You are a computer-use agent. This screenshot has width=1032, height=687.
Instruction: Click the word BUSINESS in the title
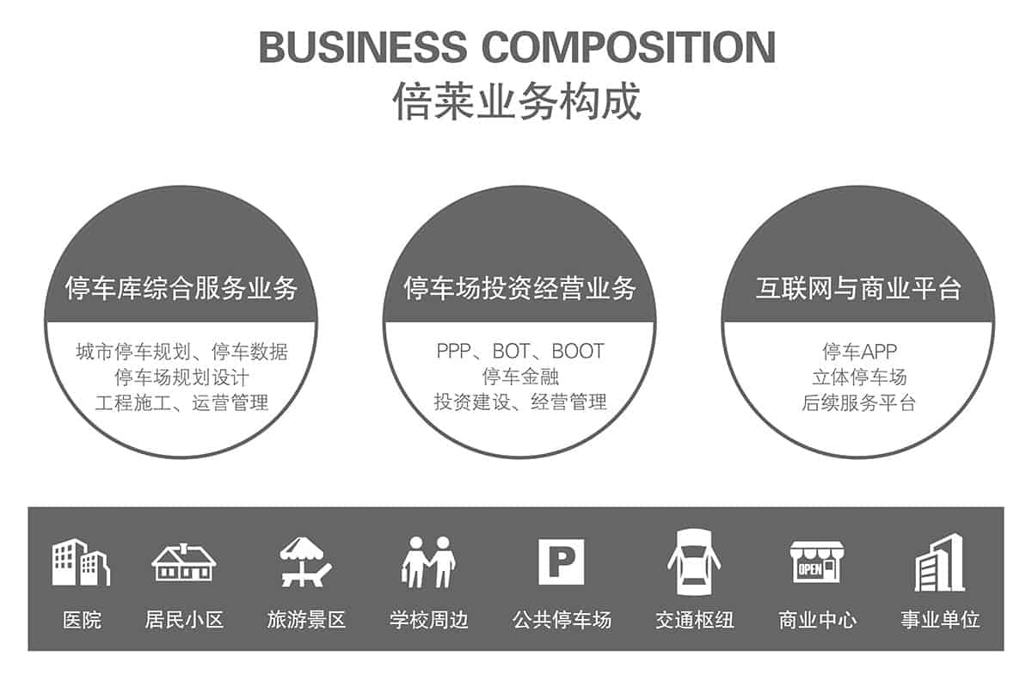click(363, 47)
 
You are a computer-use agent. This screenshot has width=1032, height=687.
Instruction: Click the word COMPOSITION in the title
click(629, 47)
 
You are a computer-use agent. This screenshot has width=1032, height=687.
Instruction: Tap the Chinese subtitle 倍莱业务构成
click(517, 101)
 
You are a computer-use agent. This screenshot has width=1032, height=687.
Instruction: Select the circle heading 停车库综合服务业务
click(181, 288)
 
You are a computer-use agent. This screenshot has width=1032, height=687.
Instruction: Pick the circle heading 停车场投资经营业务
click(519, 288)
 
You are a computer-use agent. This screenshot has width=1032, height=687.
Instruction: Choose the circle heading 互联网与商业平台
click(859, 288)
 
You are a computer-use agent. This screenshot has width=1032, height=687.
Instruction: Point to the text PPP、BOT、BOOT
click(520, 351)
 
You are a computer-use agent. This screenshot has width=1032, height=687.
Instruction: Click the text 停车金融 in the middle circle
click(520, 377)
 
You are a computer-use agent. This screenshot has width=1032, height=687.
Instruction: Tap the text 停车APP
click(860, 352)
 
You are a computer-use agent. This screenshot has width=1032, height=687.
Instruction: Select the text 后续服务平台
click(859, 402)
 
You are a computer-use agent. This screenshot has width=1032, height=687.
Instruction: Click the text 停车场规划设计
click(182, 377)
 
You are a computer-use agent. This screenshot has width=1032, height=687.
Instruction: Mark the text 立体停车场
click(860, 377)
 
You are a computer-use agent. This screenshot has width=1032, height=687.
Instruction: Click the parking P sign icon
click(561, 561)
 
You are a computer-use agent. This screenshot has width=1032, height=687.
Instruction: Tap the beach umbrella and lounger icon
click(305, 561)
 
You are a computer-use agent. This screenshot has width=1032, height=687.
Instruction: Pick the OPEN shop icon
click(817, 562)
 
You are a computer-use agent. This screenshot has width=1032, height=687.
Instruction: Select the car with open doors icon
click(694, 562)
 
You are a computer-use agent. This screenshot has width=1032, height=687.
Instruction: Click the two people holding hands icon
click(428, 562)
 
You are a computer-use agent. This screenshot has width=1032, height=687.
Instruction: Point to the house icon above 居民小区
click(184, 562)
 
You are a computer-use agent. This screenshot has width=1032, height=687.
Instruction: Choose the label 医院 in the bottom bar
click(82, 620)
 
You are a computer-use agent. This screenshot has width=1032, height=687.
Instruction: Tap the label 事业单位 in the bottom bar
click(940, 620)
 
